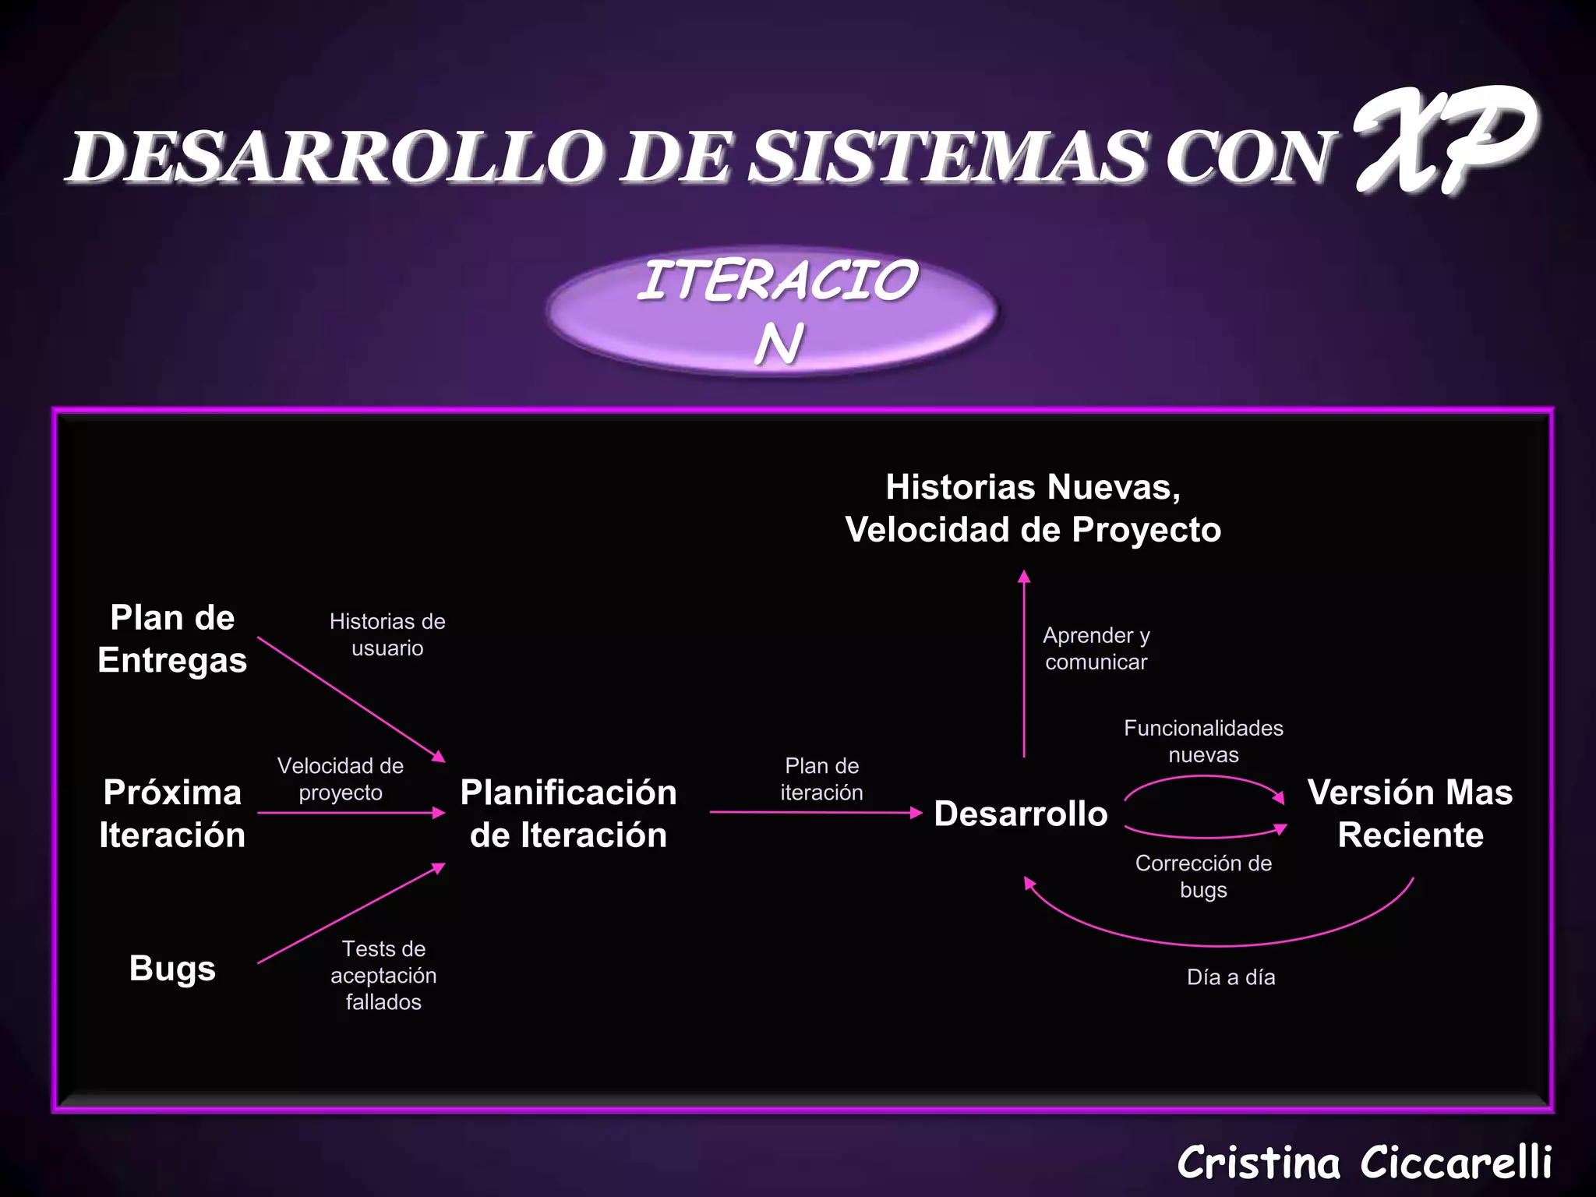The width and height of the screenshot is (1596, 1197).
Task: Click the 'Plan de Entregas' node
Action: pos(172,639)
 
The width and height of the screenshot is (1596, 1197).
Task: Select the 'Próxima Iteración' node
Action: pos(172,814)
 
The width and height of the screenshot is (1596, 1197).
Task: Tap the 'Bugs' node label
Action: pos(172,969)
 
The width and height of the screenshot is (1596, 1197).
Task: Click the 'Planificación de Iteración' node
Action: pos(568,814)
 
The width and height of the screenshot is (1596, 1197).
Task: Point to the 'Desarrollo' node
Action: pos(1020,814)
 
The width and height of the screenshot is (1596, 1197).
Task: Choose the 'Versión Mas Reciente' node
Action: pos(1410,814)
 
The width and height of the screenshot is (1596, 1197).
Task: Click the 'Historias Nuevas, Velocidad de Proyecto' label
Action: pos(1033,508)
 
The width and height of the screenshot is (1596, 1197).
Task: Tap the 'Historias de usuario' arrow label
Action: pos(387,634)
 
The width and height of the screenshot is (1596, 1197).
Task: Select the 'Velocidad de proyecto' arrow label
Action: pos(341,779)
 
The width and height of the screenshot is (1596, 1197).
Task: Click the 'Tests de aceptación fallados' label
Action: pos(383,975)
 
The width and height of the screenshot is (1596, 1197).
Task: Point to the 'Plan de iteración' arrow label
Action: pos(821,779)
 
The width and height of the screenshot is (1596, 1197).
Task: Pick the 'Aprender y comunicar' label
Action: pos(1096,648)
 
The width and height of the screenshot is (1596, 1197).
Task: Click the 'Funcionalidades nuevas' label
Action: pos(1203,741)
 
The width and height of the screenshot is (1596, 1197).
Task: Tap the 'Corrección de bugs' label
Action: pos(1203,876)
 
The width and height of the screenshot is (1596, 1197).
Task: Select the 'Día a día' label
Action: pos(1231,977)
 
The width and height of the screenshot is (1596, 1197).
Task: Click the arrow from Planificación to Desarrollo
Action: pos(815,812)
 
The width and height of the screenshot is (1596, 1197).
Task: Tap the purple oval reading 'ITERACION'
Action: pos(773,312)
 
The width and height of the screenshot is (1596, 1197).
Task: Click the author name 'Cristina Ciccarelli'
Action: pos(1364,1163)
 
